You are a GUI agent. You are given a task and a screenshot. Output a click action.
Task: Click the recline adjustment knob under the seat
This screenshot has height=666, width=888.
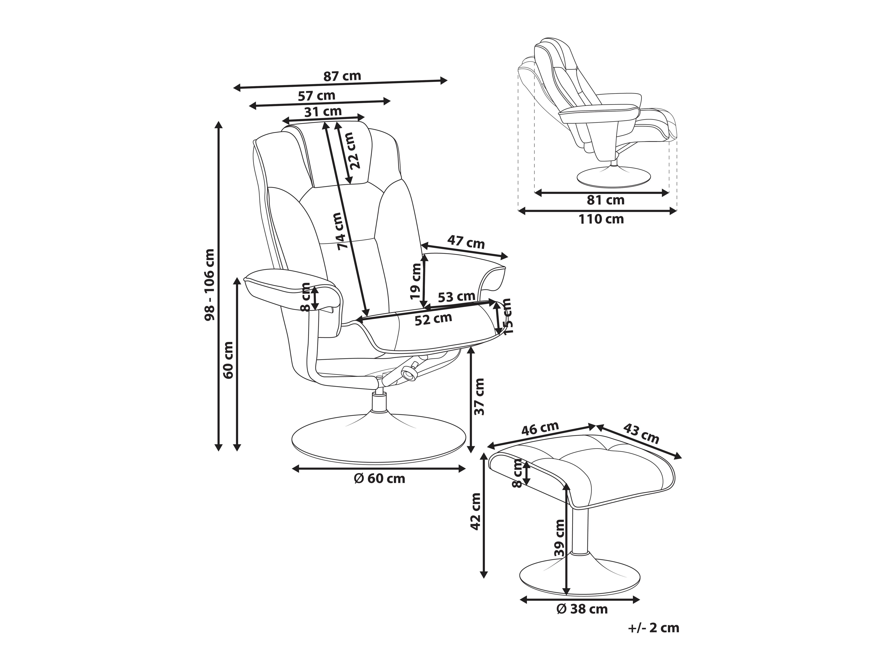pyautogui.click(x=409, y=374)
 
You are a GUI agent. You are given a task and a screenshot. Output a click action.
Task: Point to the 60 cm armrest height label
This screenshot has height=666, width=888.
pyautogui.click(x=228, y=360)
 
